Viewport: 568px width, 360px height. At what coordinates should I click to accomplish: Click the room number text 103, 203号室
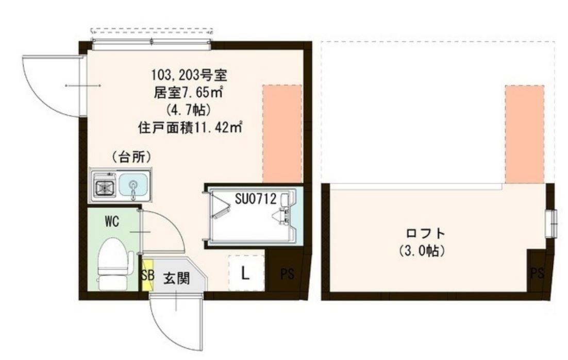click(188, 76)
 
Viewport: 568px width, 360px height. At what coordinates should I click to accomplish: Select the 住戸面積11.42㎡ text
click(191, 126)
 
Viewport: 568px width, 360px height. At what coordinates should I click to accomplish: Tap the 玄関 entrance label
click(176, 279)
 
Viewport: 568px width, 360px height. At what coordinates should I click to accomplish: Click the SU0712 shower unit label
click(257, 198)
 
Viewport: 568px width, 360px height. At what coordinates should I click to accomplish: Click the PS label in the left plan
click(287, 274)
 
